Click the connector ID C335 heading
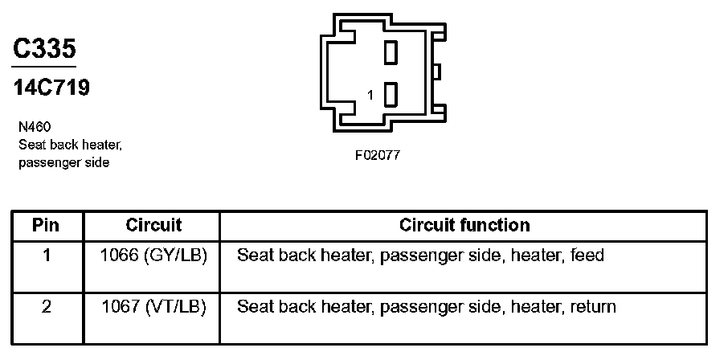coord(45,49)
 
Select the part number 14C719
coord(51,88)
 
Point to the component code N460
coord(35,127)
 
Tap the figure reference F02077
coord(377,155)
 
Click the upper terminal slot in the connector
coord(391,53)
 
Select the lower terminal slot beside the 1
coord(391,95)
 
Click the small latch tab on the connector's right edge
coord(436,72)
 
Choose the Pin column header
coord(46,225)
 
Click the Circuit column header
coord(153,225)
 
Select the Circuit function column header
coord(464,225)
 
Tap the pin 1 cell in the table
coord(46,256)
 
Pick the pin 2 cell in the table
coord(46,306)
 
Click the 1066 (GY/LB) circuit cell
coord(153,256)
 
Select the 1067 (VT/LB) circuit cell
coord(153,306)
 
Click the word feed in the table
coord(587,256)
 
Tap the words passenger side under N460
coord(63,163)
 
